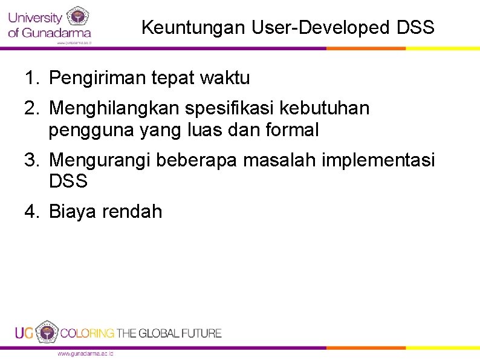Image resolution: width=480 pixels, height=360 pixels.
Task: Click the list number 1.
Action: (x=31, y=78)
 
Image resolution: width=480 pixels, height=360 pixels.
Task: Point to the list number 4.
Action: (x=31, y=211)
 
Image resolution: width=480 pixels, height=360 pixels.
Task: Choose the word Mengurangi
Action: (x=100, y=160)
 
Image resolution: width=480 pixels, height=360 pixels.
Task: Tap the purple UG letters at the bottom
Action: (x=24, y=333)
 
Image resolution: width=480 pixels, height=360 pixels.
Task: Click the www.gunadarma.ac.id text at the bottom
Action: (x=85, y=353)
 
